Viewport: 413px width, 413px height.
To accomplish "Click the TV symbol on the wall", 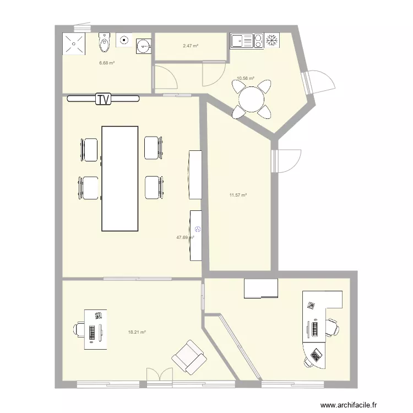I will click(x=103, y=99).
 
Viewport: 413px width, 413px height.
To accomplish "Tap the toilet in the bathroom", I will click(x=104, y=42).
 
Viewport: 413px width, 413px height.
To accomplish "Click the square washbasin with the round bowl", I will click(x=143, y=46).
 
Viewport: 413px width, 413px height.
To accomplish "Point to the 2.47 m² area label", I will click(x=191, y=46).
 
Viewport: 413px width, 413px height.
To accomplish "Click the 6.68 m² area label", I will click(x=107, y=63).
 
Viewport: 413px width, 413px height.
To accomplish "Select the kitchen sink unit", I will click(x=242, y=40).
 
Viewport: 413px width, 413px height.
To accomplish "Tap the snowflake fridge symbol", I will click(x=271, y=40).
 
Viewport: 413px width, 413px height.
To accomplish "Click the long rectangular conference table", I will click(x=119, y=178).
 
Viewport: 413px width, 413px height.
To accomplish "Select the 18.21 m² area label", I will click(x=137, y=332).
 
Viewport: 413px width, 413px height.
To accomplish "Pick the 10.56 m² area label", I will click(x=245, y=79).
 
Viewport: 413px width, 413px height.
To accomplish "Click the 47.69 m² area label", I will click(x=184, y=237).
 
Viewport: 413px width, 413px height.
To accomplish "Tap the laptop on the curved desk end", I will click(x=316, y=355).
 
